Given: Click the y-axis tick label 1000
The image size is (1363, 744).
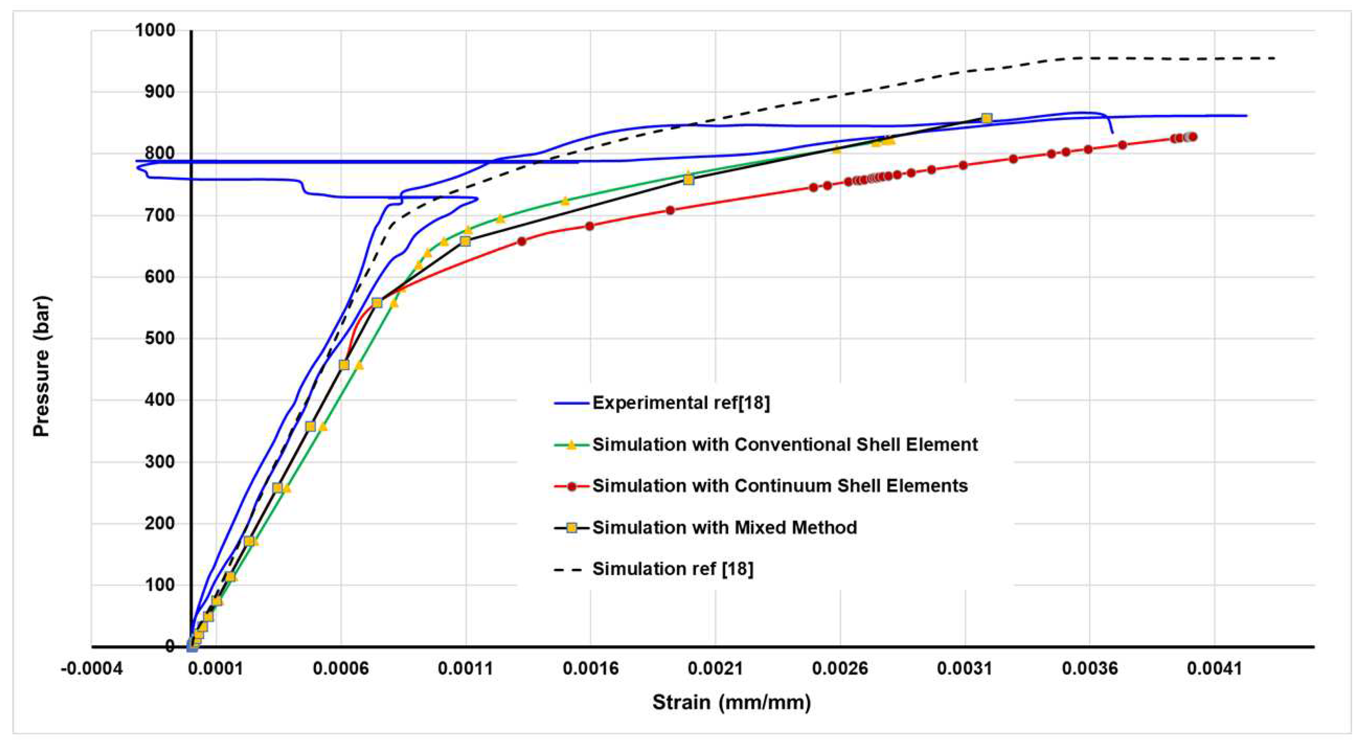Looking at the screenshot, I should click(x=154, y=30).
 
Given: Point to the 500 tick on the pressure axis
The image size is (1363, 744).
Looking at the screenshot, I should click(x=159, y=338).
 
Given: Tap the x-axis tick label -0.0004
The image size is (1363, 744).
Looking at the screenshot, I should click(x=92, y=669).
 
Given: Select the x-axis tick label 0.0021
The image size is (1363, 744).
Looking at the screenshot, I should click(x=715, y=669).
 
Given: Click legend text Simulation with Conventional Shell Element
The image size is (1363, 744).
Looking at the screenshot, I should click(x=785, y=445).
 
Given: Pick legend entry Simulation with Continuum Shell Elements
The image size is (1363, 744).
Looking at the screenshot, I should click(x=780, y=486).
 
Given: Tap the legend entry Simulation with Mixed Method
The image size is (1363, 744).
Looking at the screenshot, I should click(x=724, y=527).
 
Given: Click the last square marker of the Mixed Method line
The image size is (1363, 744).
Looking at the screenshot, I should click(x=986, y=118).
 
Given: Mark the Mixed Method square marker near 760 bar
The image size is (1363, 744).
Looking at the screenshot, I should click(x=688, y=179).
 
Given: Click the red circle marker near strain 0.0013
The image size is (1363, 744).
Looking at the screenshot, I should click(x=522, y=241).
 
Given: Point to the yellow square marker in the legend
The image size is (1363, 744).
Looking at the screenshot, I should click(x=572, y=527).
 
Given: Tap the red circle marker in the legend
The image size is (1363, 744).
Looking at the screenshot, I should click(x=572, y=486).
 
